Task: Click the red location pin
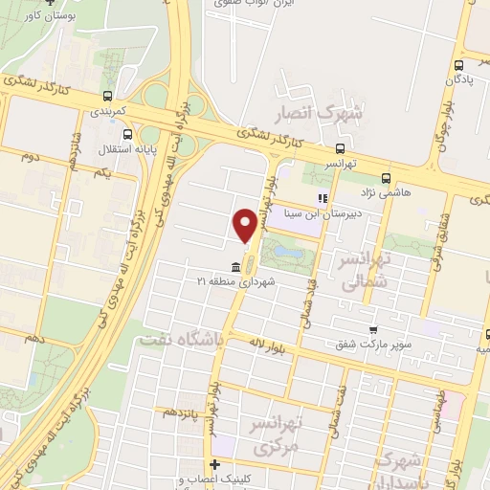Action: click(x=244, y=226)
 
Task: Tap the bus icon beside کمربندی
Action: click(x=106, y=96)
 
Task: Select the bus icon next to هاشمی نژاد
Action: click(x=386, y=178)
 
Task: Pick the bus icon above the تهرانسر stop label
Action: click(x=341, y=148)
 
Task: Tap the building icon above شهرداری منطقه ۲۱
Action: click(x=235, y=267)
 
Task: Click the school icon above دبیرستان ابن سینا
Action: click(x=323, y=200)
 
